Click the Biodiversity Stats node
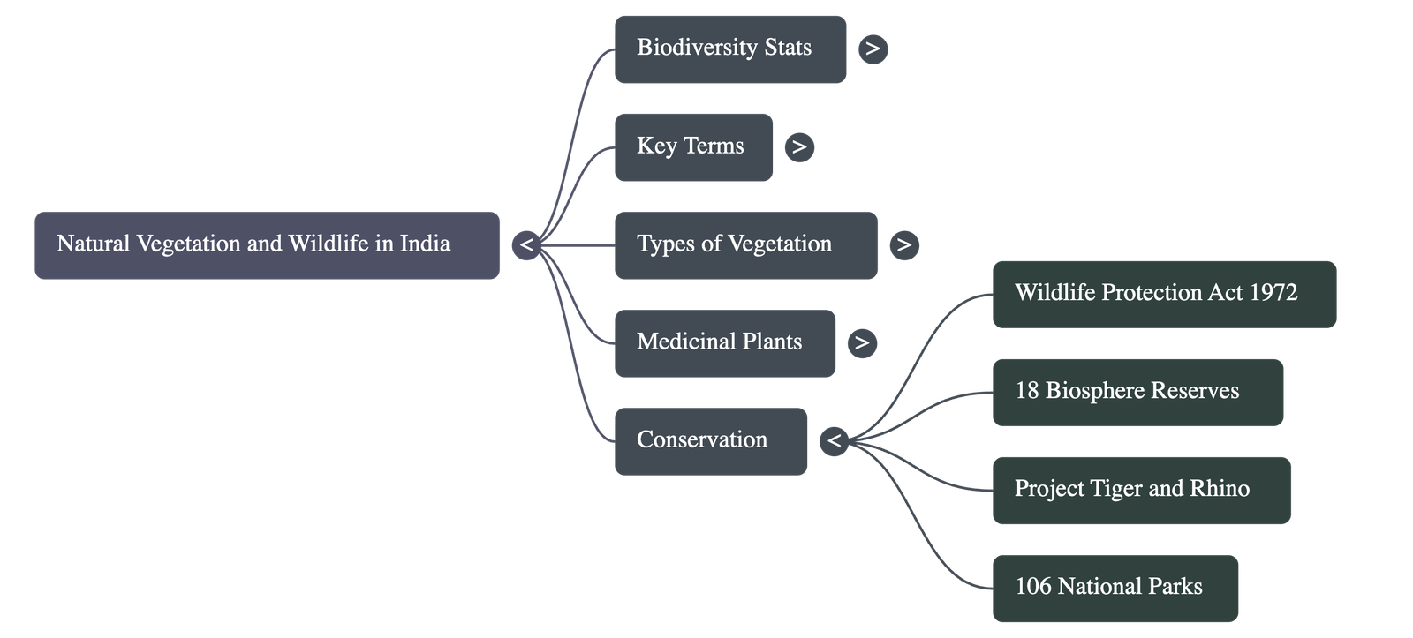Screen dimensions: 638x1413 pos(729,49)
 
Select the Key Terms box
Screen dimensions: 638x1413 pos(693,147)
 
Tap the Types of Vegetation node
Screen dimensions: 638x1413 pos(745,245)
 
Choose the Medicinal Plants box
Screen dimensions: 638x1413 pos(724,343)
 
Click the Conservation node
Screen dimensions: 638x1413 pos(710,441)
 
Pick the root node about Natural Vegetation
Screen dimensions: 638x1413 pos(267,245)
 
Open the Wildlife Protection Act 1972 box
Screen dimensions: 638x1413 pos(1163,294)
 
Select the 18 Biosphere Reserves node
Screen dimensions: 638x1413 pos(1137,392)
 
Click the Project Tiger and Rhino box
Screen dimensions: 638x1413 pos(1140,490)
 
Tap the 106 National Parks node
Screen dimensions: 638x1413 pos(1115,588)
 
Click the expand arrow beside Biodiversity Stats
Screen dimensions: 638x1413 pos(873,49)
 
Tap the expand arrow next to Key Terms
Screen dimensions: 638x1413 pos(799,147)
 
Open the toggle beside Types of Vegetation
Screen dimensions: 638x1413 pos(903,245)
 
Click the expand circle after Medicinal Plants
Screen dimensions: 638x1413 pos(862,343)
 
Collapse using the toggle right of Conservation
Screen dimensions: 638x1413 pos(834,441)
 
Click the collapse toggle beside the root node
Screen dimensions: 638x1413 pos(526,245)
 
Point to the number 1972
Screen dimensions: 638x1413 pos(1273,293)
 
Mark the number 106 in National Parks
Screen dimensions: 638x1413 pos(1032,587)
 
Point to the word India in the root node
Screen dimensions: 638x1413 pos(425,244)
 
